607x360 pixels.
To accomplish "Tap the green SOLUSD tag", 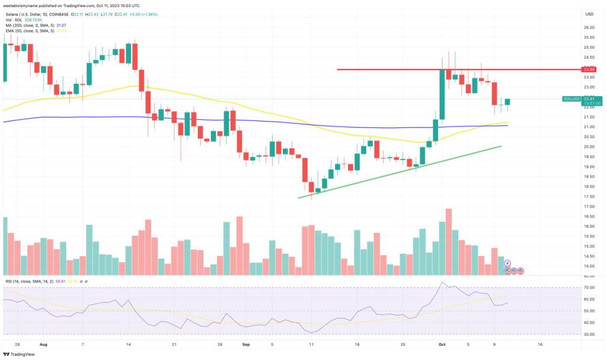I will (x=572, y=99).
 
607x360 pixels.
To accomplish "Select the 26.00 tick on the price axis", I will (x=589, y=27).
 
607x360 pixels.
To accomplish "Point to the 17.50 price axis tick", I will (x=589, y=196).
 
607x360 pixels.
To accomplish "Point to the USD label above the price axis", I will (x=589, y=14).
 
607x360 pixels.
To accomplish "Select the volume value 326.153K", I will (x=38, y=19).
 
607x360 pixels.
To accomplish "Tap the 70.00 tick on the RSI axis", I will (x=589, y=288).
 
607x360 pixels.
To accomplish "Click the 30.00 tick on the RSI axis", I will (x=589, y=334).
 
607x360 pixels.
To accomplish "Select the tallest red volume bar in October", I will (x=449, y=241).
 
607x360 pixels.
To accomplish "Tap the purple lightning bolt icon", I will (x=507, y=263).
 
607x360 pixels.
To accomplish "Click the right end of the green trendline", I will (x=501, y=146).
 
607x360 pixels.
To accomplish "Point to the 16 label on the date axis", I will (x=539, y=343).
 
